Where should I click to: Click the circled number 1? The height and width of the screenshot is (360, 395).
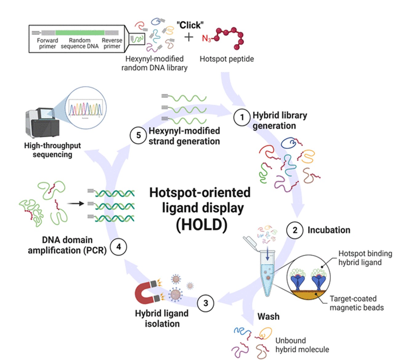click(x=242, y=117)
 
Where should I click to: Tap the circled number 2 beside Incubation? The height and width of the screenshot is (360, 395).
click(x=295, y=230)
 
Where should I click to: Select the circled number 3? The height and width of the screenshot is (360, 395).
click(x=205, y=303)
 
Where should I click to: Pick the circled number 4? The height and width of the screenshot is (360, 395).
click(x=118, y=247)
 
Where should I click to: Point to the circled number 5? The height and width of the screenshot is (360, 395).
click(x=138, y=135)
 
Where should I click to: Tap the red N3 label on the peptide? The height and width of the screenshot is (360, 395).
click(x=206, y=38)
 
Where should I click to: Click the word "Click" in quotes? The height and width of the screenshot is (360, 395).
click(x=190, y=25)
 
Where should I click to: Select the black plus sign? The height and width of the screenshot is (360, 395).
click(x=189, y=37)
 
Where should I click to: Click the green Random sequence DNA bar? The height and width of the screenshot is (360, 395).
click(x=80, y=33)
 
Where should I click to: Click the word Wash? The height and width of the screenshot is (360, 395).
click(x=268, y=317)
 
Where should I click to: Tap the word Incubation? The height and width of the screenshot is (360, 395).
click(x=329, y=230)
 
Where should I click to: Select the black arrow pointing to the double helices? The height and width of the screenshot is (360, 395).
click(x=76, y=203)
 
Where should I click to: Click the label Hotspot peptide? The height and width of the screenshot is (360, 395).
click(x=227, y=59)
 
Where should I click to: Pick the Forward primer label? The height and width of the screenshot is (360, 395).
click(x=47, y=43)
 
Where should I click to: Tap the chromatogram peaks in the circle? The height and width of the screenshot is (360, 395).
click(x=86, y=109)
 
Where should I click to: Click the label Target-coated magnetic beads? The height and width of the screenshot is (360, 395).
click(x=357, y=303)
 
